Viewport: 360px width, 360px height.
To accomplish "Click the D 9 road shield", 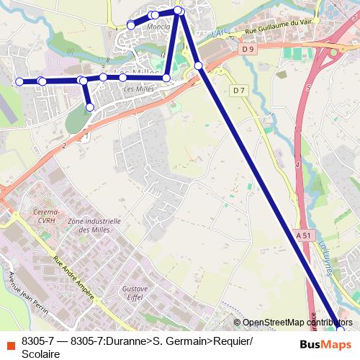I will pos(248,49).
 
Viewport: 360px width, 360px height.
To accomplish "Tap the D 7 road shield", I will pos(240,90).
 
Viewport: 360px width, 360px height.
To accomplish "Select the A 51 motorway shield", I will pos(305,234).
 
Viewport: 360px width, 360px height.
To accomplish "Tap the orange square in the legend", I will pos(9,341).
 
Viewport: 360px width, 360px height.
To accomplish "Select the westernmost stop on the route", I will pos(19,81).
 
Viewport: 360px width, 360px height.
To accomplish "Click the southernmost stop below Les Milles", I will pos(89,107).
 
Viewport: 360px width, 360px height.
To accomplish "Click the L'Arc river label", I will pos(219,34).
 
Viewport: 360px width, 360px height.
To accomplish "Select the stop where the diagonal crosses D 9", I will pos(199,66).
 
